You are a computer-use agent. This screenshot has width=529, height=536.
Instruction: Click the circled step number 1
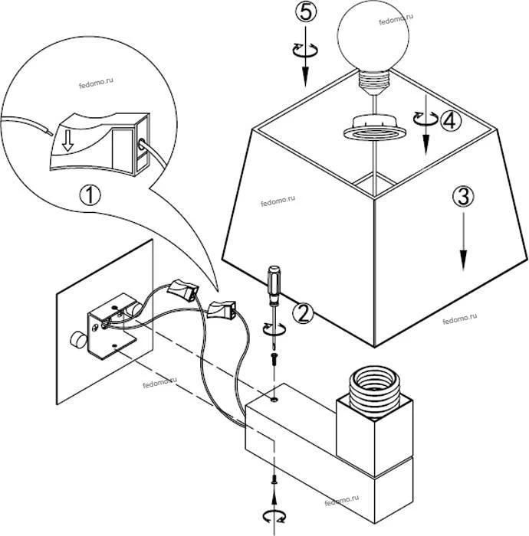pyautogui.click(x=89, y=194)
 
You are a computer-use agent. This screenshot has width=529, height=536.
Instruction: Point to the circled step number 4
pyautogui.click(x=450, y=119)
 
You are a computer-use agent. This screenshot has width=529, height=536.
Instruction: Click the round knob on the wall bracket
pyautogui.click(x=77, y=339)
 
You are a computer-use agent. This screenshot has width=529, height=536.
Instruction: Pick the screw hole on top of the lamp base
pyautogui.click(x=274, y=399)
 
